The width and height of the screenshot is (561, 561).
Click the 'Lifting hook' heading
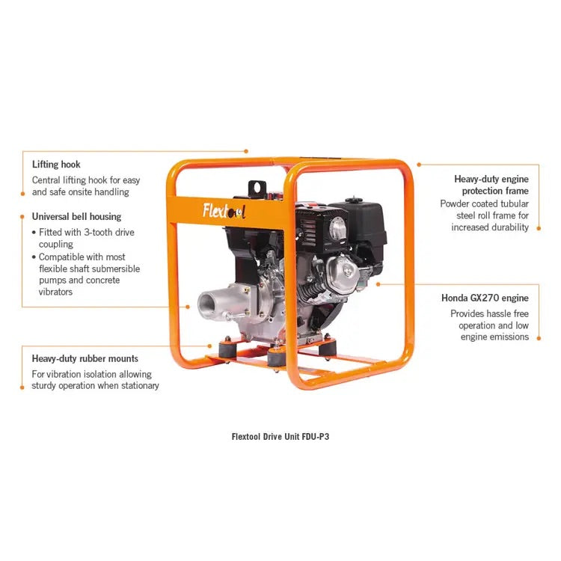pyautogui.click(x=56, y=164)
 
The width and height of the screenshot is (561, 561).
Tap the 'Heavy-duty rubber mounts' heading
pyautogui.click(x=85, y=358)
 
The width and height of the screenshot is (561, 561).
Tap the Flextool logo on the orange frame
pyautogui.click(x=224, y=211)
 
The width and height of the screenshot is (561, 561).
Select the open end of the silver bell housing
pyautogui.click(x=209, y=304)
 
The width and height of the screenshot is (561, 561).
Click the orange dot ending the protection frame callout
pyautogui.click(x=418, y=164)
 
